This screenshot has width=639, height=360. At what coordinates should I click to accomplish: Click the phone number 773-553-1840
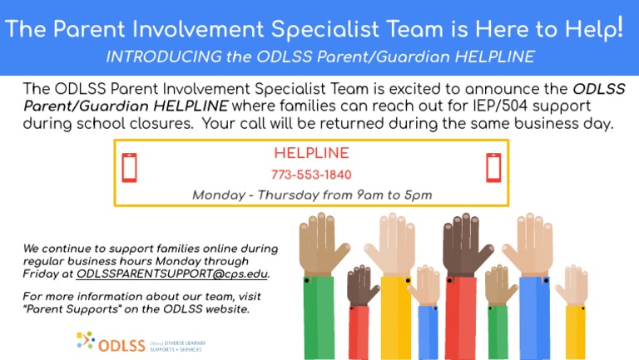click(x=311, y=175)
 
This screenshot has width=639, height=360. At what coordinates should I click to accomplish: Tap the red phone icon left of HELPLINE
click(x=129, y=168)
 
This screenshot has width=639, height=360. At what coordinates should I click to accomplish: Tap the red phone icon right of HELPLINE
click(x=493, y=168)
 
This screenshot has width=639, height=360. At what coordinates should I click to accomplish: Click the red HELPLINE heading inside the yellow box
click(x=311, y=154)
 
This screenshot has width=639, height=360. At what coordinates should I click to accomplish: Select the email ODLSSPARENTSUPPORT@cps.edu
click(x=172, y=273)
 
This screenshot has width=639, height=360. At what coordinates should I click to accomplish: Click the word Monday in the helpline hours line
click(x=219, y=195)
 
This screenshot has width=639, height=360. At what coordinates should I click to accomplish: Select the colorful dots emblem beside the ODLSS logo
click(x=85, y=340)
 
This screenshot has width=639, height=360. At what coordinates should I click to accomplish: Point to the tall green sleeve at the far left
click(x=318, y=316)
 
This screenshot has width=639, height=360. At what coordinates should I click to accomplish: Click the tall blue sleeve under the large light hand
click(x=533, y=316)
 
